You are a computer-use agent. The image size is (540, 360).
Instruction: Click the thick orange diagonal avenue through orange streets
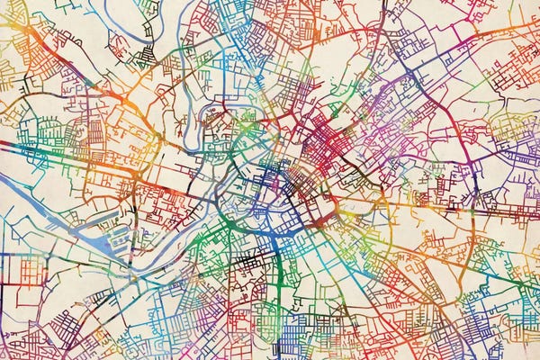pyautogui.click(x=54, y=63)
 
